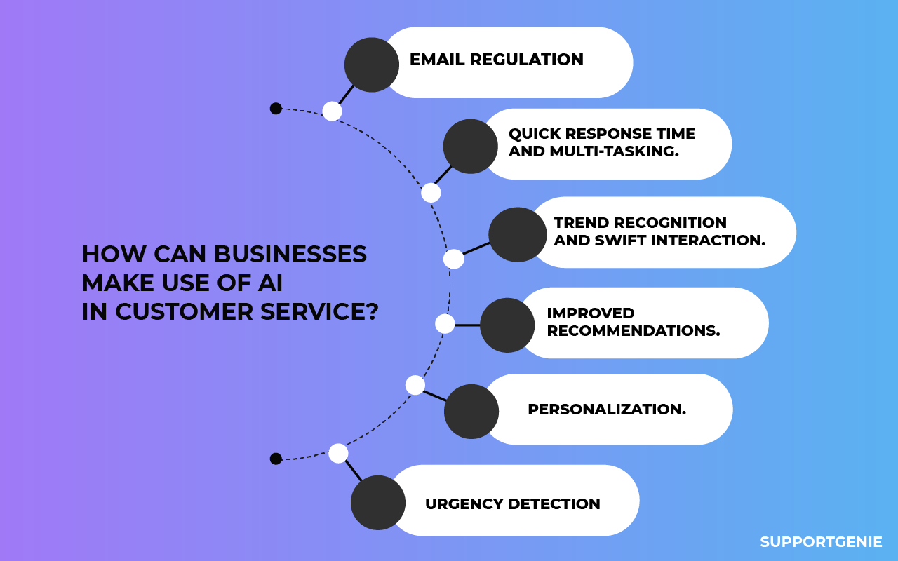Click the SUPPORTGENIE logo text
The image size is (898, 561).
(821, 542)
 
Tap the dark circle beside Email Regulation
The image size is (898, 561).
(372, 65)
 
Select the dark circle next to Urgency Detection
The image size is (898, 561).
(378, 503)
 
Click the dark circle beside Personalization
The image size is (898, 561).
(471, 412)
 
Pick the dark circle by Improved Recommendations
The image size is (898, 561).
(507, 325)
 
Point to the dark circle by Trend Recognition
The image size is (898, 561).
(518, 235)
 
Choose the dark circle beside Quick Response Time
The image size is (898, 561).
(471, 147)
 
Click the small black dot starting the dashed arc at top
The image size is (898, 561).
(276, 109)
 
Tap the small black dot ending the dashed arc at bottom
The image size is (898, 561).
(276, 459)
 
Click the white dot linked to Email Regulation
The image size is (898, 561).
(333, 111)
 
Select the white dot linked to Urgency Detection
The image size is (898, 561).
(338, 454)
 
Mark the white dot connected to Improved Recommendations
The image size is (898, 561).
(445, 324)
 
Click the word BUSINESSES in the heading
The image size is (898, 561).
(290, 254)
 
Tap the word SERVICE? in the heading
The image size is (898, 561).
(319, 312)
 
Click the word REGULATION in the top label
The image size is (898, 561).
(527, 60)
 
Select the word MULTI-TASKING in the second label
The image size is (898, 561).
(614, 151)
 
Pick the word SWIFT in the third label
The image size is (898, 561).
(621, 241)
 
